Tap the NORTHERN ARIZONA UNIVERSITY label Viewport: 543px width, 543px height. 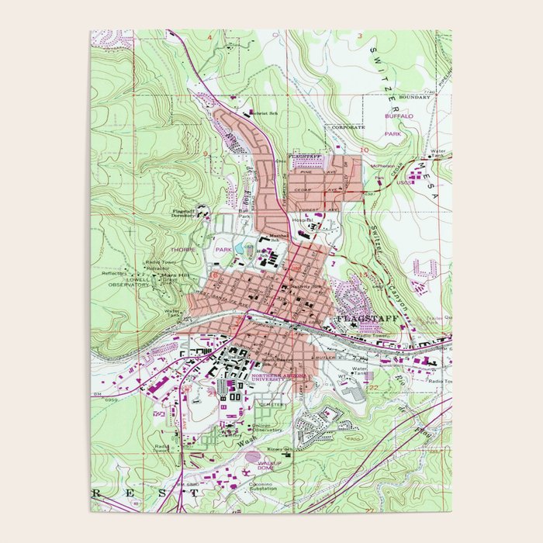(274, 378)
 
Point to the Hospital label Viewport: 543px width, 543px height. (302, 220)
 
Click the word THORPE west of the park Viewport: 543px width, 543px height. (183, 250)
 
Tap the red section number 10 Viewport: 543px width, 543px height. (364, 149)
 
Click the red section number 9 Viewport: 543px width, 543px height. (206, 154)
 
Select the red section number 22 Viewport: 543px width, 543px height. (372, 387)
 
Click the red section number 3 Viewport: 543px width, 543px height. (360, 36)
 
